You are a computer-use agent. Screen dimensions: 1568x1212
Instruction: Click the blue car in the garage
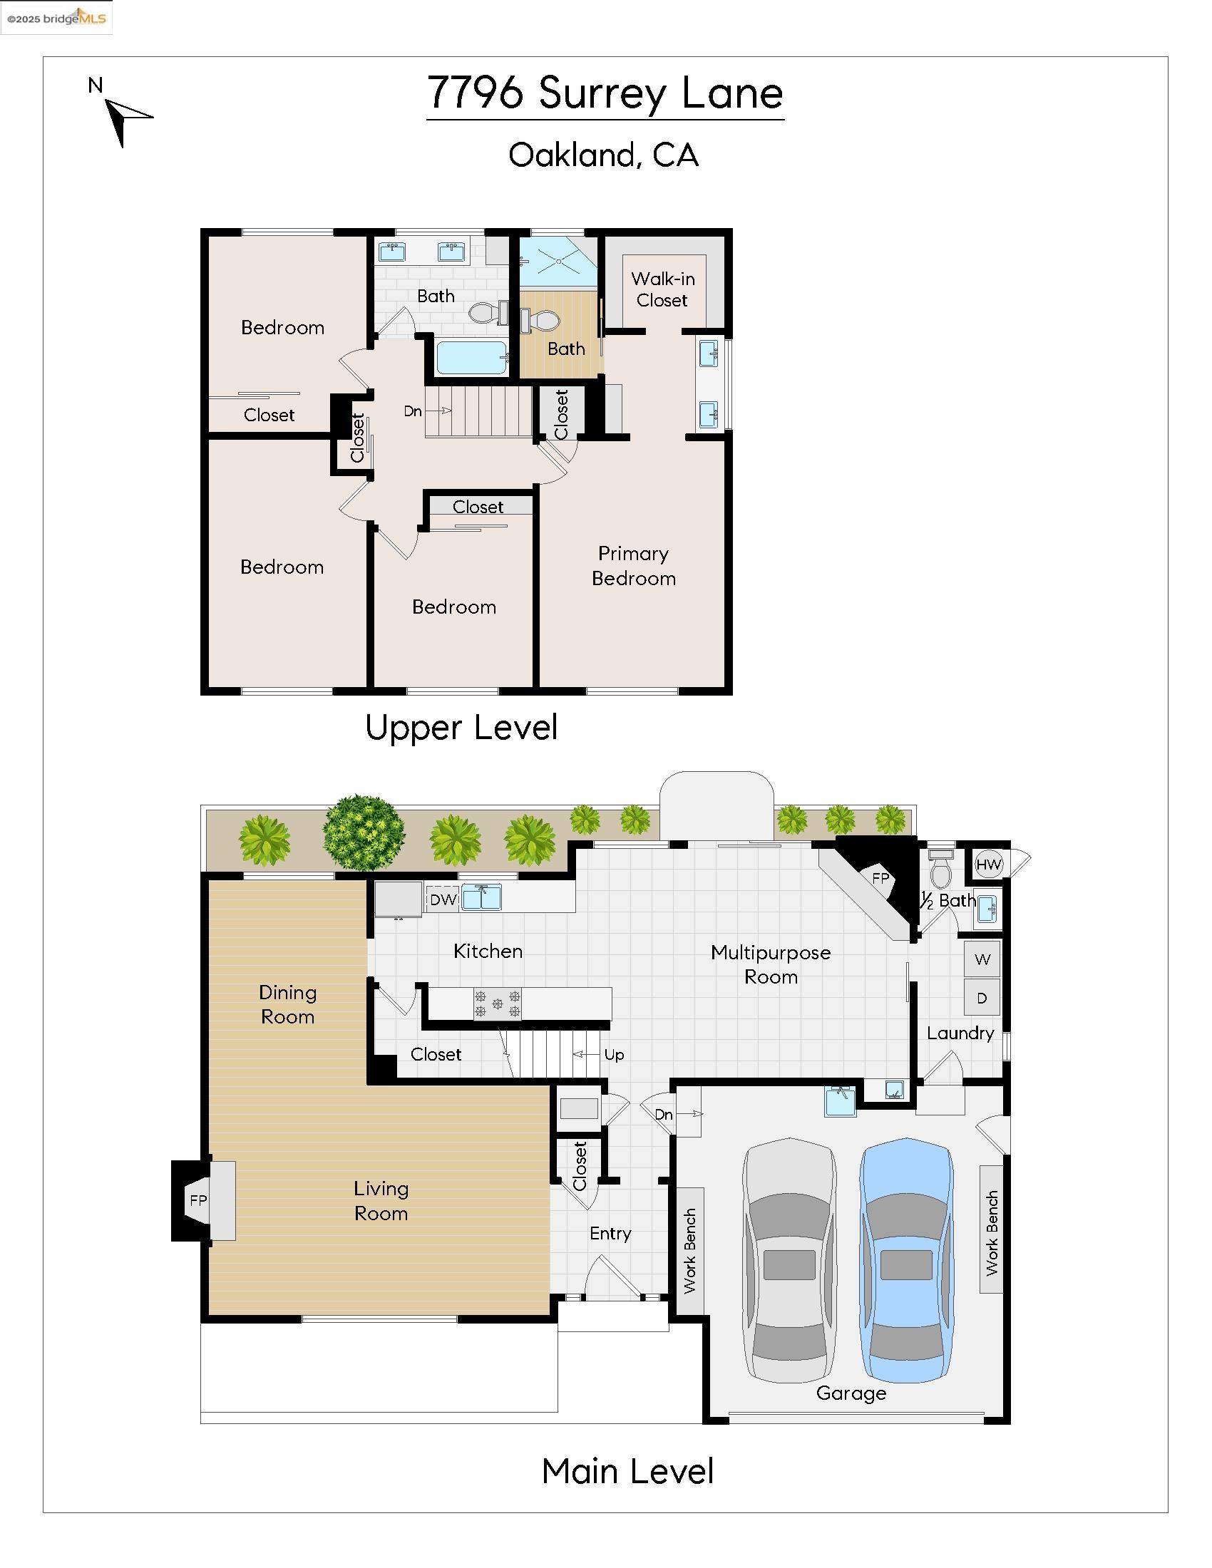tap(906, 1261)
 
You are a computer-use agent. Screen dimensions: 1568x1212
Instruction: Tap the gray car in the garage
tap(789, 1261)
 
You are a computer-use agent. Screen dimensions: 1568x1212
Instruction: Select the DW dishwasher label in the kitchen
tap(443, 899)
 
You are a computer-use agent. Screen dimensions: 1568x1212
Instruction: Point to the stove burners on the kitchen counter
tap(497, 1003)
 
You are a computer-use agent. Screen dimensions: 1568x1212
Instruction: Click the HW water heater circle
tap(988, 865)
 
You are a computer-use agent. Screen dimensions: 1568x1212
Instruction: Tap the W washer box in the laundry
tap(982, 959)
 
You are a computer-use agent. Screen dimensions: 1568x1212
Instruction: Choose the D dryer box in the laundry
tap(982, 998)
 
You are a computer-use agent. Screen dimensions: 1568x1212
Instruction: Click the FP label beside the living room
tap(198, 1200)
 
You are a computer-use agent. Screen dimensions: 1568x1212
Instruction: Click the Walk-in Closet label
tap(662, 289)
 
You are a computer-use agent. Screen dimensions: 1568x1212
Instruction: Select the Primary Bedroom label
tap(633, 566)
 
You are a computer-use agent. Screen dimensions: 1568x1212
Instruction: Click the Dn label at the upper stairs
tap(412, 411)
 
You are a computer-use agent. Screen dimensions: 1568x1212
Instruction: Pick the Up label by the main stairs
tap(614, 1055)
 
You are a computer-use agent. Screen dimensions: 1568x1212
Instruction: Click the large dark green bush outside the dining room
tap(364, 832)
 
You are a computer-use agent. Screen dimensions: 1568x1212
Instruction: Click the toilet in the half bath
tap(940, 871)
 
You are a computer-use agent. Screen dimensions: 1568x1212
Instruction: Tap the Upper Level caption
tap(461, 727)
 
